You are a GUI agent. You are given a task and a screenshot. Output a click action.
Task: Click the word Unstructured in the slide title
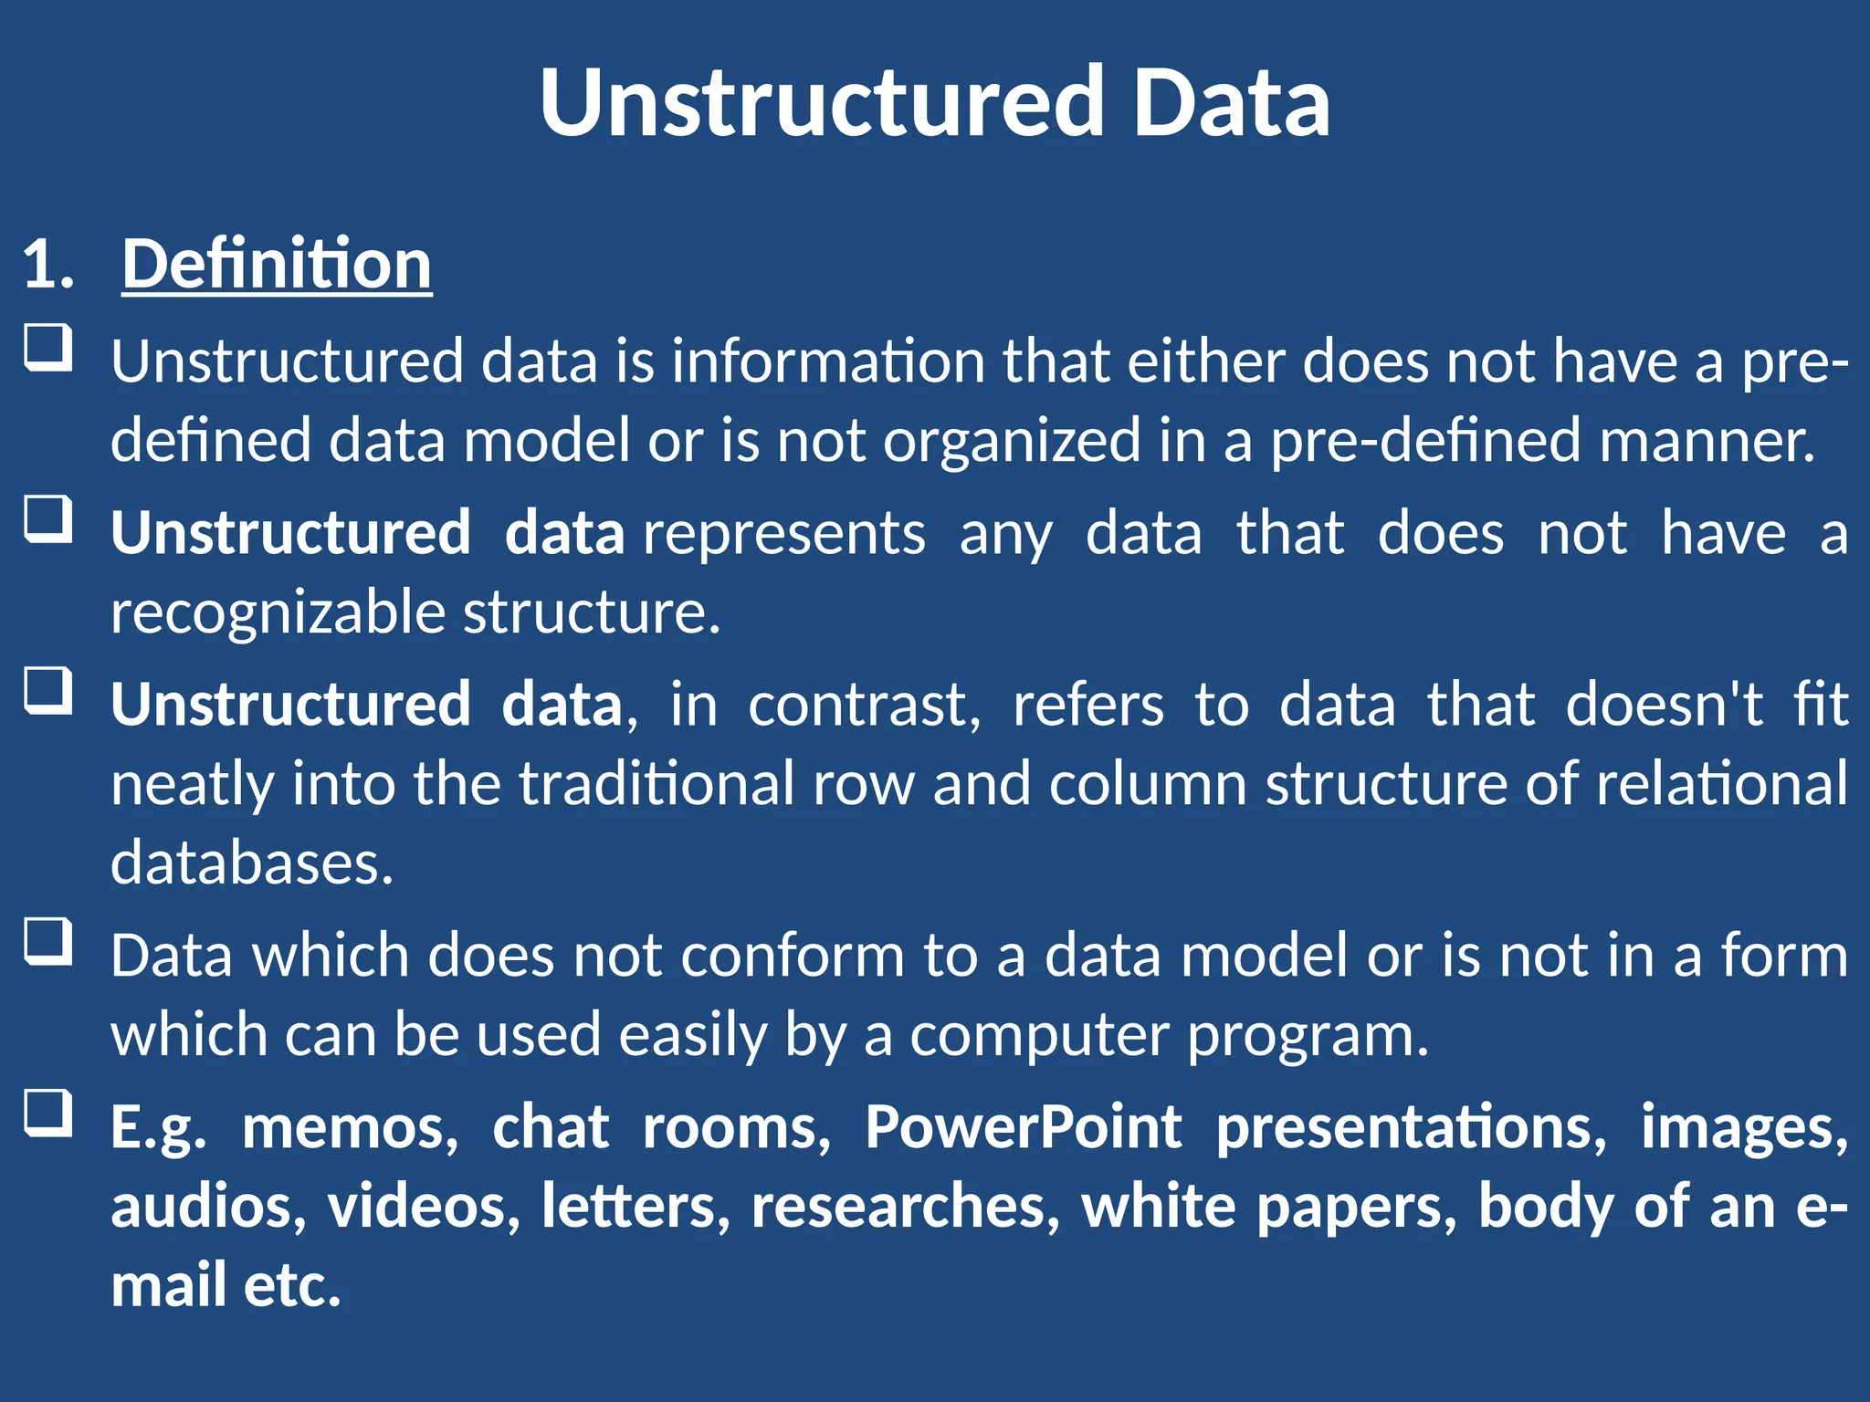822,102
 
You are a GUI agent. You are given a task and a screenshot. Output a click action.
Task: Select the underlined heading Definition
277,265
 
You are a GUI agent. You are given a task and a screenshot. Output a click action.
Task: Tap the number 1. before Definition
47,265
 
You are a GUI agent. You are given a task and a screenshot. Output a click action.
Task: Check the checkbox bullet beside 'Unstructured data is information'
47,348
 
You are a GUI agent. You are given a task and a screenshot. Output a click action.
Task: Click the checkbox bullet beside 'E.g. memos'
47,1113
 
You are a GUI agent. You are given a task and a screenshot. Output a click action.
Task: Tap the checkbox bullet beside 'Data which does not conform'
47,941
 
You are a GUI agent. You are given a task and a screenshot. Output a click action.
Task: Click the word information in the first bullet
828,361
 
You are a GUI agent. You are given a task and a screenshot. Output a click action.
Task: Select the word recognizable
278,612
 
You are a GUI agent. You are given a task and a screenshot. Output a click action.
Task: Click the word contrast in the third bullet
864,706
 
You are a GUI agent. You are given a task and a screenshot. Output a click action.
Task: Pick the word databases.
252,863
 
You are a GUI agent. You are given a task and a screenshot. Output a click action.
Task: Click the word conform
792,957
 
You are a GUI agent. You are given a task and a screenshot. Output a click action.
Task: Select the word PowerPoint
1023,1127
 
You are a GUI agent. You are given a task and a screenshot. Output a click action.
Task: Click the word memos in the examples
350,1127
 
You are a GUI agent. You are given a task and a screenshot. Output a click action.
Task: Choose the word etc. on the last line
292,1286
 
